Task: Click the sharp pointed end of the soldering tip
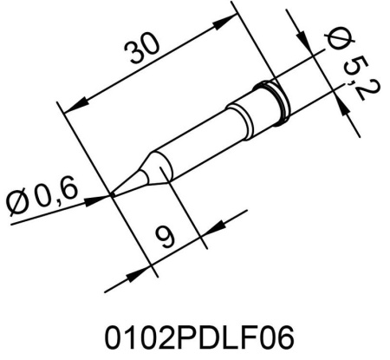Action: click(x=114, y=195)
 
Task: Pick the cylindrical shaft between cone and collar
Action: click(x=208, y=130)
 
